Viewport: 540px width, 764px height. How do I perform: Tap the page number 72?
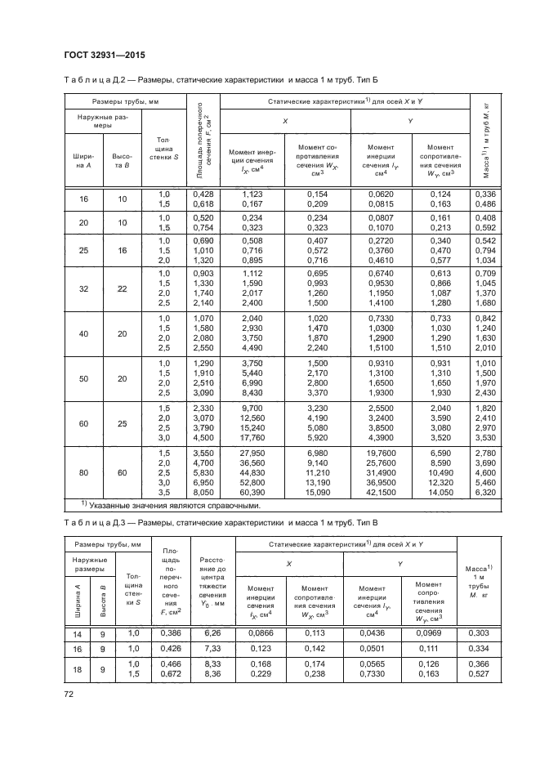[69, 695]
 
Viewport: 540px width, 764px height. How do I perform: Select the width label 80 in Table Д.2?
[84, 471]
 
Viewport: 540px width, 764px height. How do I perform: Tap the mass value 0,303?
[485, 632]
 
